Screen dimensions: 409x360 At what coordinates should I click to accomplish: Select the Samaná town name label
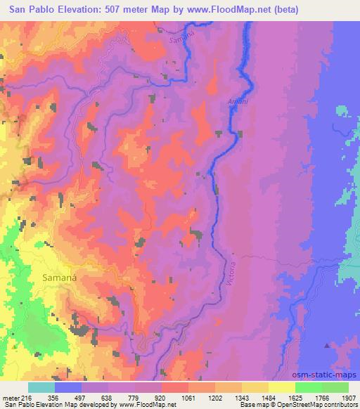pyautogui.click(x=59, y=277)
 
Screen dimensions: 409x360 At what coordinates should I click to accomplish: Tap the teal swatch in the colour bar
pyautogui.click(x=41, y=387)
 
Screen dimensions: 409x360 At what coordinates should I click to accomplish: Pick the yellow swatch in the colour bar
pyautogui.click(x=282, y=387)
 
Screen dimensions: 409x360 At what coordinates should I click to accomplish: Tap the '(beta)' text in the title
pyautogui.click(x=266, y=10)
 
